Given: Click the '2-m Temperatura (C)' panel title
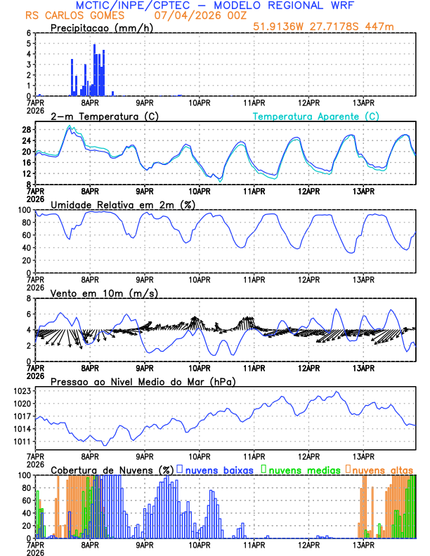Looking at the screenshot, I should (98, 116).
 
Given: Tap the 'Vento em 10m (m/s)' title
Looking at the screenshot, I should (94, 293).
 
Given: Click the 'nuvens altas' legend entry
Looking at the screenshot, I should (383, 470).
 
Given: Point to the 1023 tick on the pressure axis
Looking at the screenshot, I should (20, 391).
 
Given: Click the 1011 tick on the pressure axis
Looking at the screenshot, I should (20, 442).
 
